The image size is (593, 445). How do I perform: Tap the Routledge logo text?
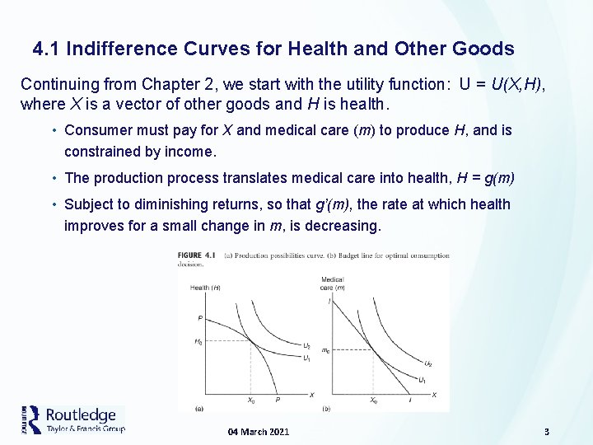[x=81, y=415]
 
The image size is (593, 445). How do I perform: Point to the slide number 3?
[x=546, y=432]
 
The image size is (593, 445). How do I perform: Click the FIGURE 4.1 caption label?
[x=196, y=255]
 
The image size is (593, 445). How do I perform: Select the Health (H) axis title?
[x=204, y=287]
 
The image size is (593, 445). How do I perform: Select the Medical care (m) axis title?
[x=333, y=283]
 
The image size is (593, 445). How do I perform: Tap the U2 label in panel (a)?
[x=307, y=346]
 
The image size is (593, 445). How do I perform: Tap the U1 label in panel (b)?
[x=423, y=380]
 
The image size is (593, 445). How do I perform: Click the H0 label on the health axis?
[x=198, y=342]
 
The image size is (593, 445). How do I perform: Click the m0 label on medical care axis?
[x=326, y=350]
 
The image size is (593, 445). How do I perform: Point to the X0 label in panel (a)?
[x=251, y=400]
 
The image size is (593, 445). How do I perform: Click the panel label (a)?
[x=198, y=408]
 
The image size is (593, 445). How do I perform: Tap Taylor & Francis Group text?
[x=86, y=429]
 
